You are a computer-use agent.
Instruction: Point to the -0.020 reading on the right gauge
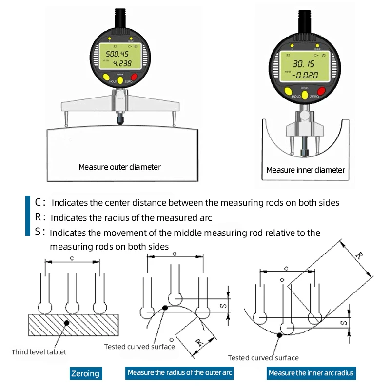(x=305, y=76)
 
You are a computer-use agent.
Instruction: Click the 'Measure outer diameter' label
(x=119, y=167)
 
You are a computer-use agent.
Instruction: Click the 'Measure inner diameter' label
(x=305, y=170)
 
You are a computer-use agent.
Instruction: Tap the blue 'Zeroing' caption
(x=85, y=373)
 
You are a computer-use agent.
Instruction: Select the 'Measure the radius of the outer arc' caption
(x=180, y=373)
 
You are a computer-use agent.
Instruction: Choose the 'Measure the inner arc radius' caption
(x=311, y=373)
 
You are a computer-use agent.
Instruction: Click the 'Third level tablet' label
(x=39, y=351)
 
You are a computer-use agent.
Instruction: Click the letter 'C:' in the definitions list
(x=40, y=202)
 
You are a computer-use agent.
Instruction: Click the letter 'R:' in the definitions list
(x=40, y=217)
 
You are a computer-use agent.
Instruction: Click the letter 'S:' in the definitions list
(x=40, y=232)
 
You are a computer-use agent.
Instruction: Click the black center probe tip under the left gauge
(x=119, y=118)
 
